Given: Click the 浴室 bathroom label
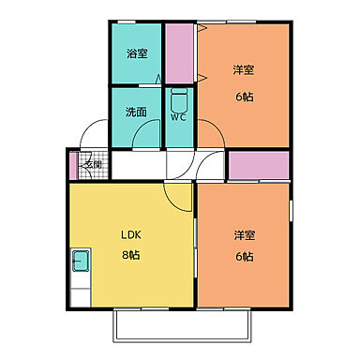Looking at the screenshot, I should coord(137,53).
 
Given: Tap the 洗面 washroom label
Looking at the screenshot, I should coord(136,112).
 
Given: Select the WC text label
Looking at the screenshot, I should coord(180,118).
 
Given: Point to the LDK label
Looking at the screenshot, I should coord(130,235).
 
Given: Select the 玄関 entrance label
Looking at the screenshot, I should coord(93,165).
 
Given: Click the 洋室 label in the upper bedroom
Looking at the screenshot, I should coord(244,69).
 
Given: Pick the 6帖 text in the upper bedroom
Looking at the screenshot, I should coord(244,96).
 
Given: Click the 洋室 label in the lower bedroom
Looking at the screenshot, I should coord(243,235).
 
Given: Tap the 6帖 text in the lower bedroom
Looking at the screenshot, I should coord(243,258).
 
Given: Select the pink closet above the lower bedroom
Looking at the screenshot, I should coord(259,165).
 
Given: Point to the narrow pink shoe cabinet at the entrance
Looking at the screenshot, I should coord(72,166).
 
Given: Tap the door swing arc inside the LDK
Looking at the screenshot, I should coord(177,196).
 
